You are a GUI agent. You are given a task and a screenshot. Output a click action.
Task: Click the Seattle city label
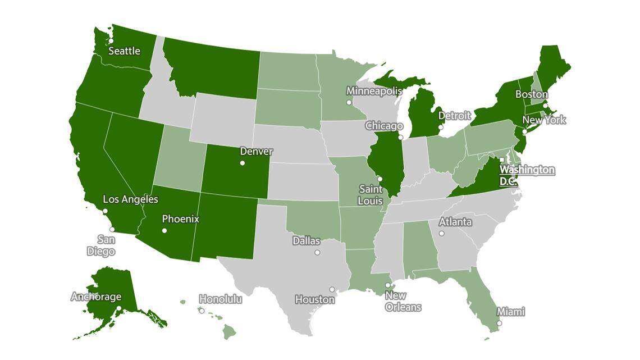point(124,51)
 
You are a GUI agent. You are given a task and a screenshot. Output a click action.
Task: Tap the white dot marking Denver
point(243,163)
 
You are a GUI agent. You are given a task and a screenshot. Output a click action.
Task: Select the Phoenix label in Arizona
point(180,219)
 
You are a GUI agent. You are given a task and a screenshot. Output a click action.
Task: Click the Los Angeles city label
point(131,199)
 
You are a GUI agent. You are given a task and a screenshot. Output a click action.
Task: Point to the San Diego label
point(101,245)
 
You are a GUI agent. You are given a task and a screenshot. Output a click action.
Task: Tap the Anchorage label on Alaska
point(96,297)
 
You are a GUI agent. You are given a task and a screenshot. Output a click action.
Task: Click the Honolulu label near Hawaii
point(221,299)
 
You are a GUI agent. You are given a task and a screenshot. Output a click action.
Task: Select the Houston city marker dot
point(332,290)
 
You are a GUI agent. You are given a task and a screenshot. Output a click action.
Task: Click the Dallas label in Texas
point(307,241)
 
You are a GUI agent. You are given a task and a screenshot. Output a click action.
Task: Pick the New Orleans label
point(403,302)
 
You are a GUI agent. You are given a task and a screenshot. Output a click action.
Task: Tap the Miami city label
point(510,312)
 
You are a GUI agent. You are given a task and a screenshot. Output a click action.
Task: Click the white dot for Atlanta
point(442,233)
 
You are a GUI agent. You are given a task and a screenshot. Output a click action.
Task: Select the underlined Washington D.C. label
point(527,175)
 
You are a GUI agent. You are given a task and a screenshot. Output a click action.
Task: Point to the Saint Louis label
point(371,195)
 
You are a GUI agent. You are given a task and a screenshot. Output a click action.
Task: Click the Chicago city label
point(384,126)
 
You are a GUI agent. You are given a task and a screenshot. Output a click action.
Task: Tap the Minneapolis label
point(374,91)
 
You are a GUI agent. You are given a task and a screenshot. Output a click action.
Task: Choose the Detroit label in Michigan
point(454,116)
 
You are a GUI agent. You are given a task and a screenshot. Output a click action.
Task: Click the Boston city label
point(531,94)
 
